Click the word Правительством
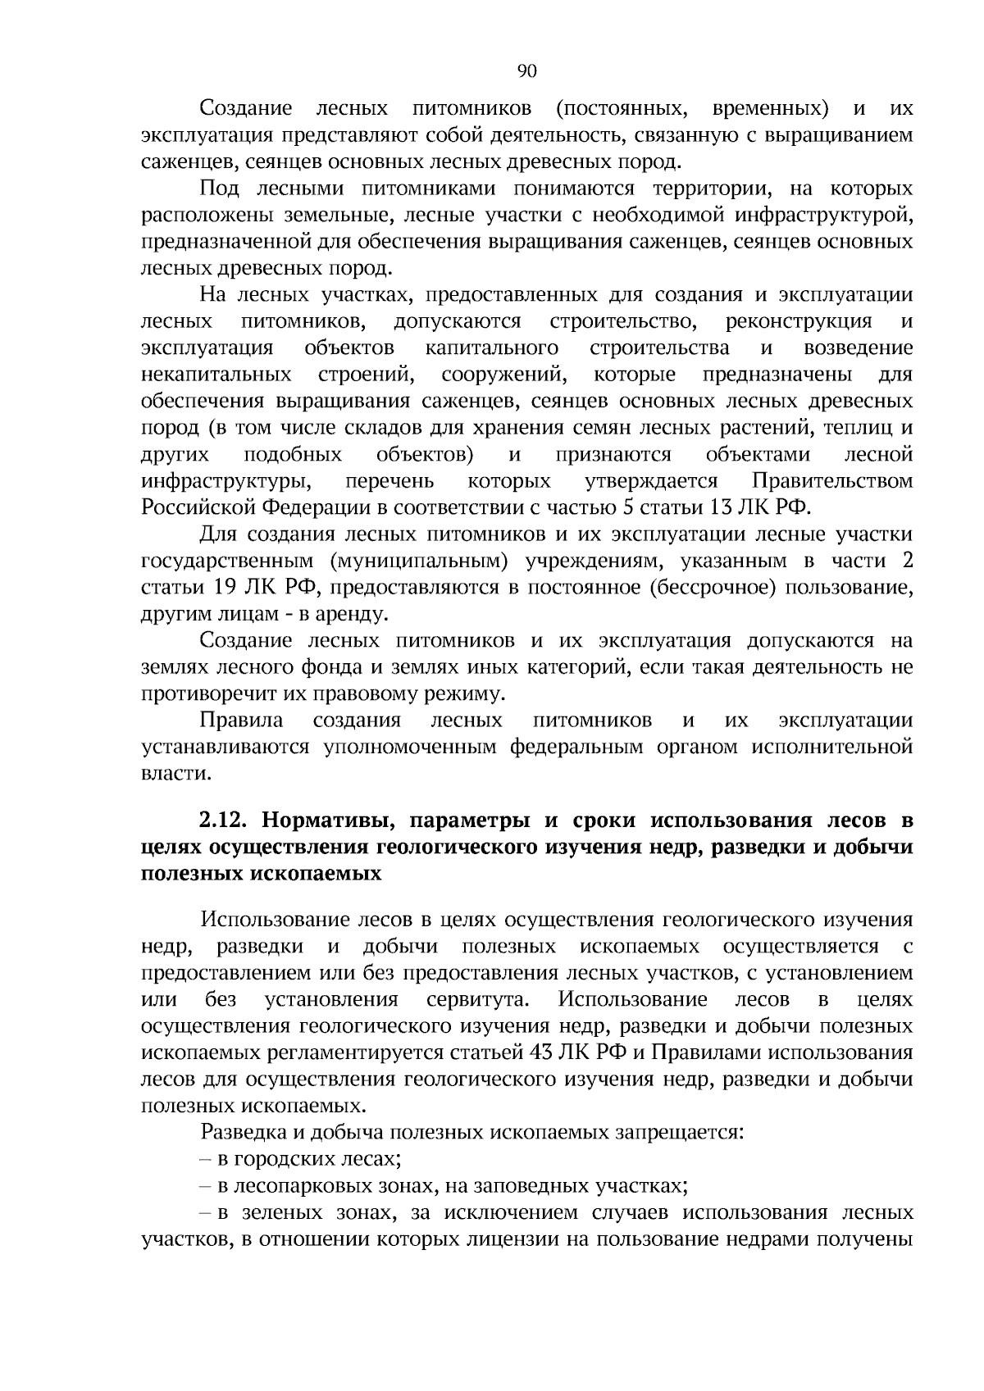[x=832, y=480]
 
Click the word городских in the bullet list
[x=276, y=1159]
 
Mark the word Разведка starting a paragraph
[x=239, y=1133]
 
